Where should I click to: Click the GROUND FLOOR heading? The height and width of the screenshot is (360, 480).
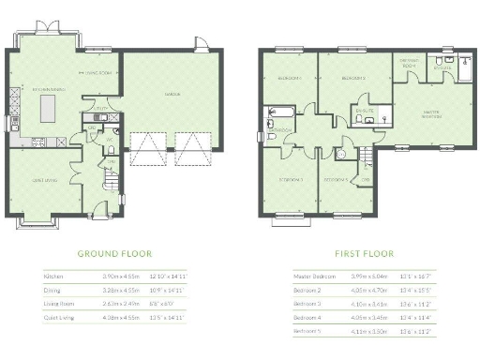click(113, 253)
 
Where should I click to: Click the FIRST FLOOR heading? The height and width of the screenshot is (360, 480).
click(364, 253)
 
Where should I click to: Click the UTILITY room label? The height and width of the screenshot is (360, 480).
click(112, 109)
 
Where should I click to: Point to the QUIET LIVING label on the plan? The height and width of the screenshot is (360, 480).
click(44, 182)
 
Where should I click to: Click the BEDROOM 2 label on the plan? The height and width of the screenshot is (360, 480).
click(352, 78)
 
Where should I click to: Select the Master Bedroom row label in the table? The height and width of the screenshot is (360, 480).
click(314, 277)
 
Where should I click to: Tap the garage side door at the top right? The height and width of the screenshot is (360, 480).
click(199, 44)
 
